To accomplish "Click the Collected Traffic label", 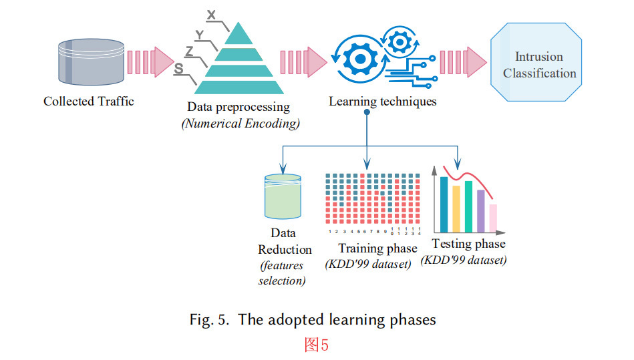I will (x=88, y=102).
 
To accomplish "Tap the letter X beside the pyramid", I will (x=212, y=15).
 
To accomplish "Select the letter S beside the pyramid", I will (x=178, y=69).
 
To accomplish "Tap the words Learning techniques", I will (x=382, y=102).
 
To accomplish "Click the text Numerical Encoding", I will (x=241, y=123).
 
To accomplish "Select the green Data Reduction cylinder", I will (x=283, y=198).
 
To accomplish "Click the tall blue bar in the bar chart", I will (x=444, y=202).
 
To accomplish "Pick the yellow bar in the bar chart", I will (x=456, y=206).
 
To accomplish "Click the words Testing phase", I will (x=468, y=244).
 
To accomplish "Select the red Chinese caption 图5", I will (x=316, y=345).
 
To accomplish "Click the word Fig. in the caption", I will (x=200, y=320).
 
